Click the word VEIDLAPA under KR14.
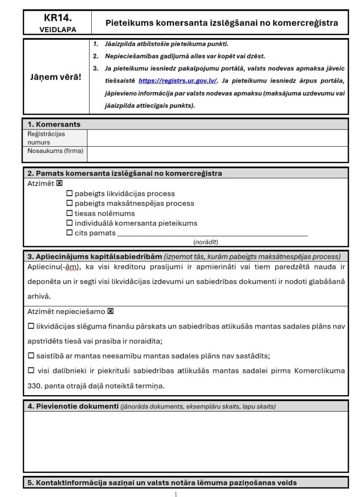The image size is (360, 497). tap(57, 29)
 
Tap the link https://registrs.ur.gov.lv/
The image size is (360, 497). tap(178, 81)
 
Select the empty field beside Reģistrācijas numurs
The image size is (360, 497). tap(217, 138)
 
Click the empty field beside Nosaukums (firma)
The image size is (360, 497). tap(217, 154)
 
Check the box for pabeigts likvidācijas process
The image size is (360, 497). tap(69, 194)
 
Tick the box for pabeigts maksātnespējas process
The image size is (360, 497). tap(69, 203)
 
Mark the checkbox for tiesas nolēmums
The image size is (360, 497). tap(69, 214)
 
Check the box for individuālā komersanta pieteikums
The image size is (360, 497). tap(69, 223)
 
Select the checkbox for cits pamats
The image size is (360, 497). tap(69, 233)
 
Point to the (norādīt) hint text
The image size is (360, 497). tap(206, 242)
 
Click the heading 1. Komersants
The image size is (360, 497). tap(54, 124)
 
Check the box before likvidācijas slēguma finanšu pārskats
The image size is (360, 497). tap(31, 327)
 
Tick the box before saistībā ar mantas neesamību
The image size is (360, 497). tap(31, 356)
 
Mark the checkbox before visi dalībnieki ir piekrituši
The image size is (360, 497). tap(31, 371)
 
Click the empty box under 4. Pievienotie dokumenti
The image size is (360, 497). tap(185, 441)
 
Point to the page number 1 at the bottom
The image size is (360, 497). tap(176, 494)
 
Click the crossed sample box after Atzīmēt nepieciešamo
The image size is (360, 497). tap(111, 312)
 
